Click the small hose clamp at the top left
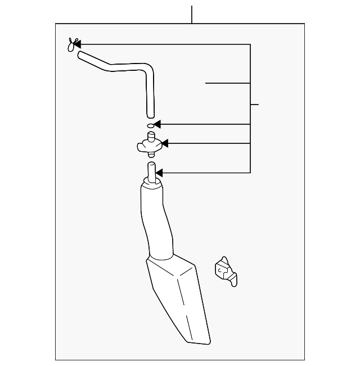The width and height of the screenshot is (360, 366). (71, 45)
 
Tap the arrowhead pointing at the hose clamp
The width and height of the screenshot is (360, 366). (78, 44)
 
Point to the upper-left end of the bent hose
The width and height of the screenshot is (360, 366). (81, 54)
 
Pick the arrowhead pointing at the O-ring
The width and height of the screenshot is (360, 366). (157, 124)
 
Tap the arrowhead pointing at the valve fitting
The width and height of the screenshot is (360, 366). (165, 144)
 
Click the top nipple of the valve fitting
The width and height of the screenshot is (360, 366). (151, 135)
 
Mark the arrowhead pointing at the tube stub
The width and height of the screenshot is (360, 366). (159, 173)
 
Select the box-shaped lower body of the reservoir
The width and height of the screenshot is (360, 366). (177, 301)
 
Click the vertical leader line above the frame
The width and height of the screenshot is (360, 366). (192, 14)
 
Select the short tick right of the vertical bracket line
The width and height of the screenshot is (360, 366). (254, 105)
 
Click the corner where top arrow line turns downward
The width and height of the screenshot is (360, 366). (250, 44)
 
